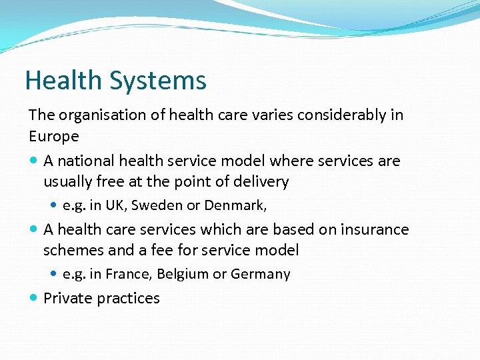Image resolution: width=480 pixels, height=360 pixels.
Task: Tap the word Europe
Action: (54, 137)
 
